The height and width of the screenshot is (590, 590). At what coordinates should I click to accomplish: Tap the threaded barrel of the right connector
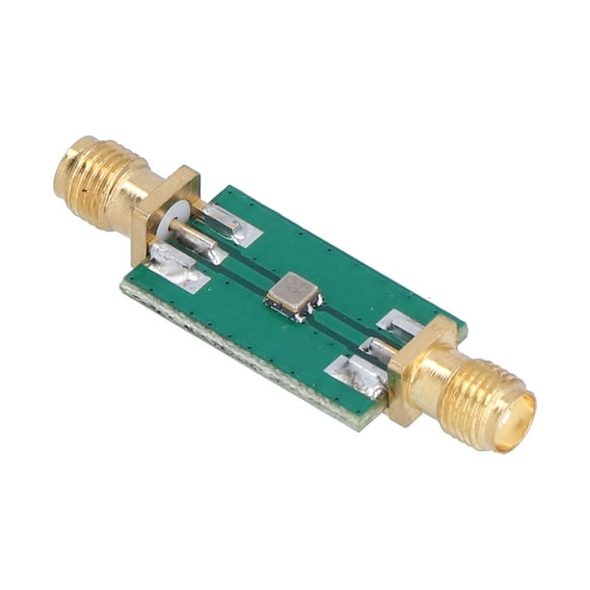point(481,398)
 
